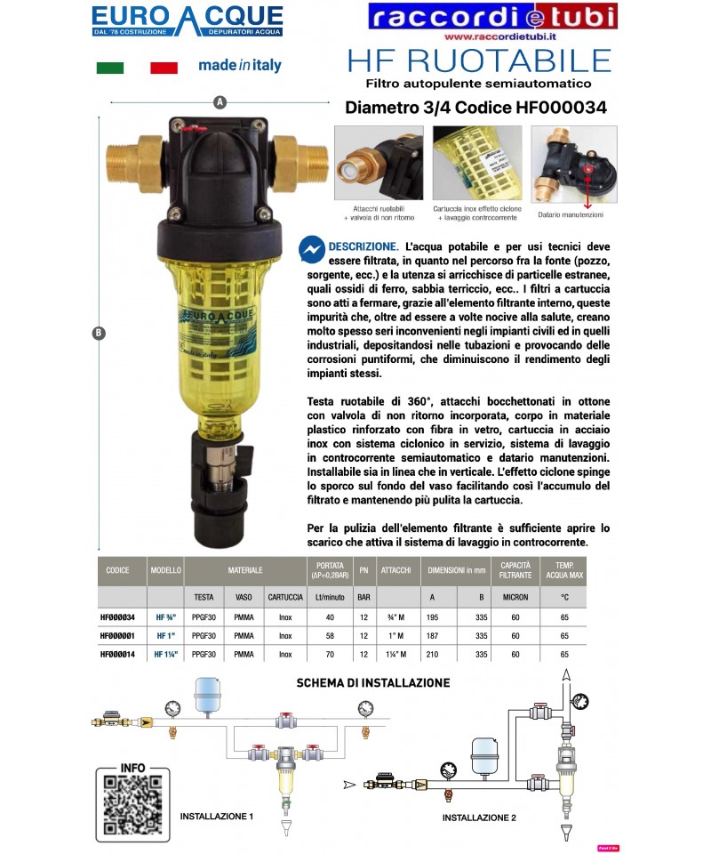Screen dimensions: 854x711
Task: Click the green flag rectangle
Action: pos(109,68)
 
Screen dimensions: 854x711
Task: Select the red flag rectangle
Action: pos(164,68)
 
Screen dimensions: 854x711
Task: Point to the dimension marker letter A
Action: pos(219,102)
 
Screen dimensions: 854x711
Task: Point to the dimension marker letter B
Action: pos(98,334)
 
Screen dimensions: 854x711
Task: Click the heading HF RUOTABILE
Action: pos(478,60)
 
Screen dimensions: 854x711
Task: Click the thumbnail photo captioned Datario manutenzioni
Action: pos(569,165)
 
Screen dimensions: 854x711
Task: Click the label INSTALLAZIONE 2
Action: pos(479,817)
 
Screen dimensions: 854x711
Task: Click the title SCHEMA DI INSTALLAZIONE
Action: pos(372,683)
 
